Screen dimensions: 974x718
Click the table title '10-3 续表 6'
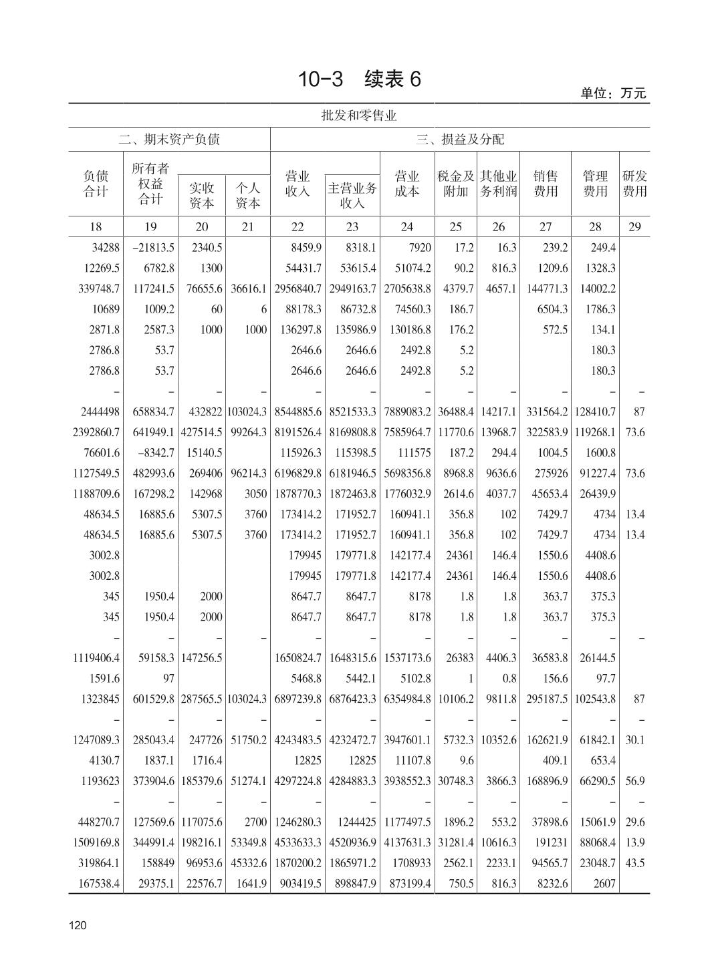tap(359, 79)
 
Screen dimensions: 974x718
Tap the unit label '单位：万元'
tap(613, 94)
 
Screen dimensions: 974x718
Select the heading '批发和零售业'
tap(359, 116)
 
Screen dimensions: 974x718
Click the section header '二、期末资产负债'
tap(169, 139)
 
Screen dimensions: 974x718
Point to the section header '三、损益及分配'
tap(460, 139)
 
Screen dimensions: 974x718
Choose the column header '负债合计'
tap(96, 184)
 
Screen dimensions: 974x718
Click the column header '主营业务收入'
tap(352, 195)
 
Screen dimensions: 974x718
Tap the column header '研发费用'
tap(634, 184)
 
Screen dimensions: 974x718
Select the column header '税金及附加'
tap(455, 184)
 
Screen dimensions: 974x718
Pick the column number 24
tap(406, 226)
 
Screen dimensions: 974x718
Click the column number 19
tap(150, 226)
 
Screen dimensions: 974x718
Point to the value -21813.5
tap(153, 248)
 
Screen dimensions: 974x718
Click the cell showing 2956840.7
tap(298, 289)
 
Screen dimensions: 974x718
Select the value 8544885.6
tap(298, 412)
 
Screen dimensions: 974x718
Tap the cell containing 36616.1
tap(248, 289)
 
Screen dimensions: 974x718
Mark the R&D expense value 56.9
tap(634, 781)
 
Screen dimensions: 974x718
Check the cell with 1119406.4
tap(96, 658)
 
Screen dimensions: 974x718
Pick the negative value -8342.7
tap(155, 453)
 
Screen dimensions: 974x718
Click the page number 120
tap(78, 925)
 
